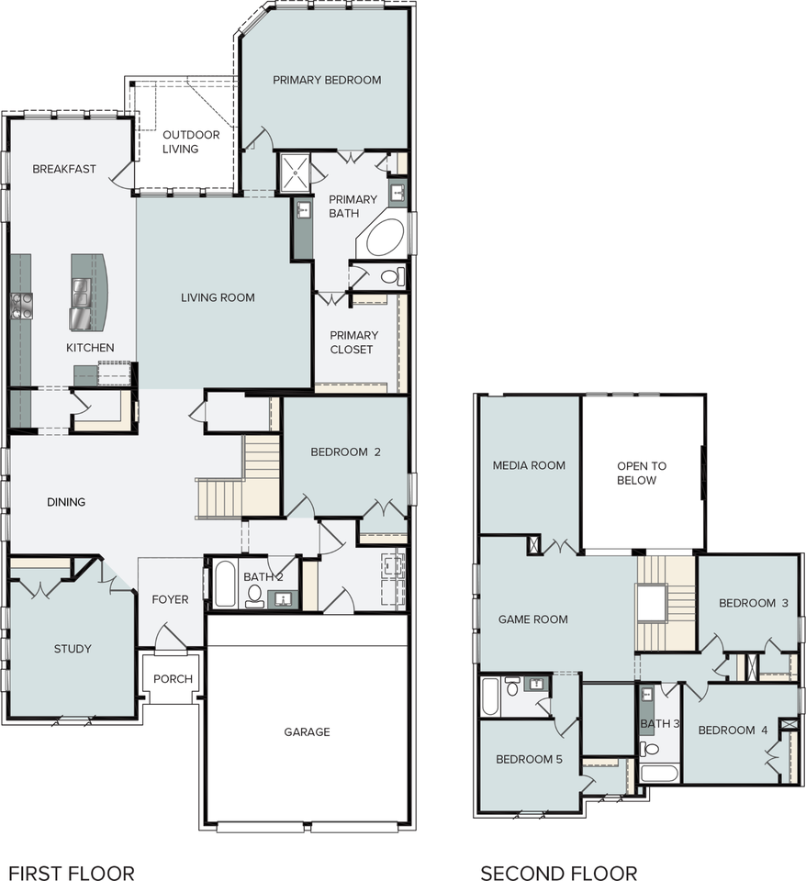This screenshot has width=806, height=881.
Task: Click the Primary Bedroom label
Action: [x=327, y=81]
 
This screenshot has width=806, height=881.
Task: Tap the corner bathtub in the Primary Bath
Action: [x=385, y=238]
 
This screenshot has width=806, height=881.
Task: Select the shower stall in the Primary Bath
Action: [x=295, y=172]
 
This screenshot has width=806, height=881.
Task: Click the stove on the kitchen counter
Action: [x=21, y=307]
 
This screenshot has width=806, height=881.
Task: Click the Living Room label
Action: [x=218, y=297]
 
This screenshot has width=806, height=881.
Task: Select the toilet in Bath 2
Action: [x=254, y=597]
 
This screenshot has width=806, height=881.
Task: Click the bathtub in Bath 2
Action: [x=225, y=584]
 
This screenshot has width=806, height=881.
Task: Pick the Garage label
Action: [x=307, y=732]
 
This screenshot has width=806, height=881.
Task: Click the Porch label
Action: [x=174, y=679]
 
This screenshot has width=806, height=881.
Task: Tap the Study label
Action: [x=73, y=649]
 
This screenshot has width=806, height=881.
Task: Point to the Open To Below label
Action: [x=642, y=474]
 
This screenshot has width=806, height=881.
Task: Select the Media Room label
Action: [x=529, y=465]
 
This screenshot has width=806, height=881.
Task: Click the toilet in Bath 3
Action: [x=649, y=749]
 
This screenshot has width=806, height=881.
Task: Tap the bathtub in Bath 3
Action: [x=659, y=773]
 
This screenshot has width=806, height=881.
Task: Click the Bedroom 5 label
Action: [x=529, y=760]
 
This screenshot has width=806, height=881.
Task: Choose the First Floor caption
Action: [x=72, y=873]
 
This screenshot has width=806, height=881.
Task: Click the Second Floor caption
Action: [x=559, y=873]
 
